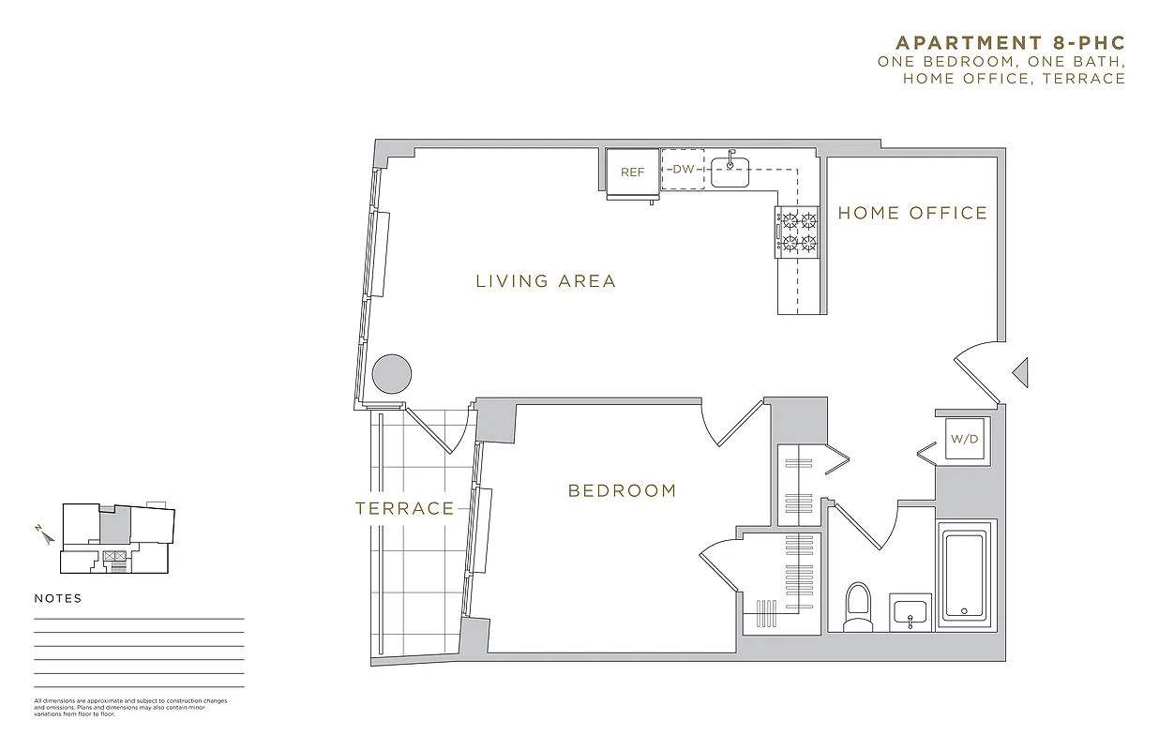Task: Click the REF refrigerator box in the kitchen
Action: click(632, 172)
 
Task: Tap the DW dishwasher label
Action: click(683, 170)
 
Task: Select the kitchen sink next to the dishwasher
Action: click(730, 172)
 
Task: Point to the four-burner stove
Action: click(796, 232)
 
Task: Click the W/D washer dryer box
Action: click(965, 439)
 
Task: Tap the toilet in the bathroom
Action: click(858, 606)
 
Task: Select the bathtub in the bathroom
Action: click(964, 575)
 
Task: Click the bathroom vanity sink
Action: click(910, 614)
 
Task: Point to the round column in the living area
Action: click(392, 375)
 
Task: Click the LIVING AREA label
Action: click(546, 281)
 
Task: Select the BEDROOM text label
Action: click(622, 490)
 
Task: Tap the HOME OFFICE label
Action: click(912, 214)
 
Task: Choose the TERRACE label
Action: click(404, 509)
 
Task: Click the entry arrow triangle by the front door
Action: click(1020, 372)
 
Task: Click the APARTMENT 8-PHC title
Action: click(1010, 43)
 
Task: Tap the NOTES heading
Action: click(58, 599)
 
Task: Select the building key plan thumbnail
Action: click(117, 538)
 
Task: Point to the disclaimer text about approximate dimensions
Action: click(130, 707)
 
